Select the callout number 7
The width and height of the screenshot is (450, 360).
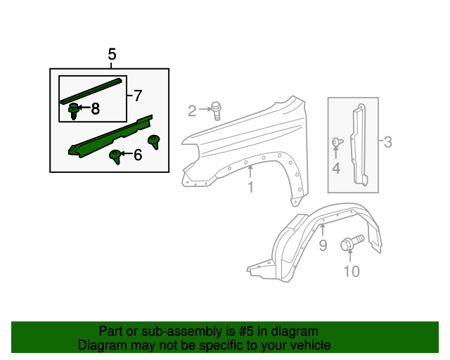(137, 95)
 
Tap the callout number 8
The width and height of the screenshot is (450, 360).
(95, 108)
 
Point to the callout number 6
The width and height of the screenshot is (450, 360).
(137, 155)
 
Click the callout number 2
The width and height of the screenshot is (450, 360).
(192, 110)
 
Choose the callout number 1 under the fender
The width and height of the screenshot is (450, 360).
(250, 187)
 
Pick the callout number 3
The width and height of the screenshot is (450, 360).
(387, 143)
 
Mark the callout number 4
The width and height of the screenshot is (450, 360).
(336, 168)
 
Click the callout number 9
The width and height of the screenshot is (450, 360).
(323, 245)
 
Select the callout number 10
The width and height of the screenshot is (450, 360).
(351, 271)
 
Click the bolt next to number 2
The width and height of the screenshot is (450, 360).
(217, 109)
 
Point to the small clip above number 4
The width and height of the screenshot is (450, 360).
(336, 143)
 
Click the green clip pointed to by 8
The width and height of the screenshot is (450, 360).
(73, 110)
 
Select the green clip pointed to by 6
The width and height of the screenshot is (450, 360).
(115, 155)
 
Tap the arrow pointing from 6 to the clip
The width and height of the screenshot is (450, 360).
(124, 154)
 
